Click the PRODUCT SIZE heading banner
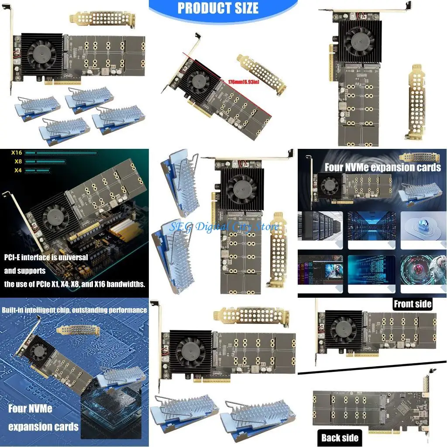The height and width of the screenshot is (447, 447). [218, 8]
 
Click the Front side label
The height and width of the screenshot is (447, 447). [412, 304]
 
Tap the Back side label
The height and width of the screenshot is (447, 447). [340, 437]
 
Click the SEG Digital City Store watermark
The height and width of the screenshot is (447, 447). [224, 227]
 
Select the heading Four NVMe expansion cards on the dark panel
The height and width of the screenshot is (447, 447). [382, 167]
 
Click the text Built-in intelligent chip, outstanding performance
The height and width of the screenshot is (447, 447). [74, 310]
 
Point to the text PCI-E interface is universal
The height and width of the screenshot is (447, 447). [46, 258]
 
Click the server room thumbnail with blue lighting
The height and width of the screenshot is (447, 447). [371, 226]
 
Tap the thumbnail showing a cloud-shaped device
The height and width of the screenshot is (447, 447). [422, 226]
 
